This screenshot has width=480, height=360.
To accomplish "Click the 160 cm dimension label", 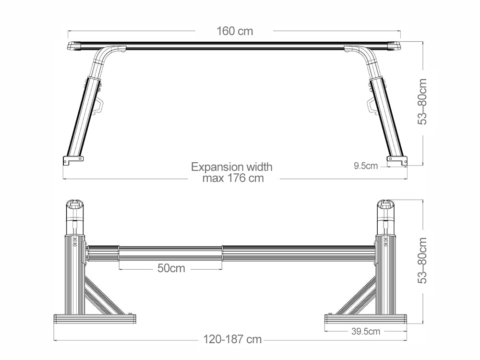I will coord(234,31).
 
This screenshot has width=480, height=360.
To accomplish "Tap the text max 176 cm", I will coord(233,179).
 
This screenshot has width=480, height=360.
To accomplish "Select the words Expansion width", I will coord(231,167).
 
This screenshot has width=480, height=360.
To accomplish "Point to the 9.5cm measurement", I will coord(365,166).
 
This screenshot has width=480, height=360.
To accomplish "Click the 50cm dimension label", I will coord(171,268).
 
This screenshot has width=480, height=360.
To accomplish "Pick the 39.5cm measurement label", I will coord(366,331).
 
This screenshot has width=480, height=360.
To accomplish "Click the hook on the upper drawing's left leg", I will coord(100,106).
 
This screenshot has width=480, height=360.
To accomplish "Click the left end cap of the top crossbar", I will coord(74,46).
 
